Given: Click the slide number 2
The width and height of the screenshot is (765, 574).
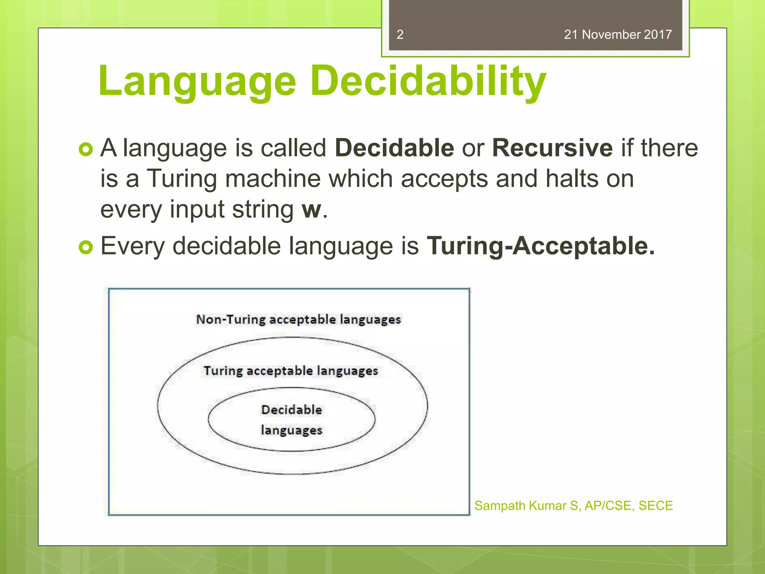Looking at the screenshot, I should pos(400,34).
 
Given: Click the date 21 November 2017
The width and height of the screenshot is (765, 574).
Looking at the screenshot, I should pos(617,34).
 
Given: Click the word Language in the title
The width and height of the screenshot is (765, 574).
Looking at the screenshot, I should pos(197,81).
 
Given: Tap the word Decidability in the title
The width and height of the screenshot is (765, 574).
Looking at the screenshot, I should pos(428,81).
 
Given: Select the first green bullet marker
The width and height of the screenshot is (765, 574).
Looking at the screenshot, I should pos(86,149).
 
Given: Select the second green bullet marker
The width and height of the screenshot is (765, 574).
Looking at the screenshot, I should pos(86,247).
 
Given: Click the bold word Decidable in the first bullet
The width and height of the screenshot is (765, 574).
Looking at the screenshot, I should pos(394,148).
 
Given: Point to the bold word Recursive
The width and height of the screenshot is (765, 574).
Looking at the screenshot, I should pos(552,148).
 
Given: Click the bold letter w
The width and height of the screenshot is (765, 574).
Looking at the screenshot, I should pos(311,210).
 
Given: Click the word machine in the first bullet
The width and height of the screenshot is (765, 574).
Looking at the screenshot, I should pos(273,179).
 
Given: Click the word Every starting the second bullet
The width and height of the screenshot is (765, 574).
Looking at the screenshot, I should pos(133,247).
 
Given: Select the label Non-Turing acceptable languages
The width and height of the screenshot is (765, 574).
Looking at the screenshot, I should pos(298,320).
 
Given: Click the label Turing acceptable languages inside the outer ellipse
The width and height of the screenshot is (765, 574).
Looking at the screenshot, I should pos(291,371).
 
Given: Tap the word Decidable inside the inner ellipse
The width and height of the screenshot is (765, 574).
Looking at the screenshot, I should pos(291,410).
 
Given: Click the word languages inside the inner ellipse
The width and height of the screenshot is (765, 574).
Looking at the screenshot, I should pos(291,430).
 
